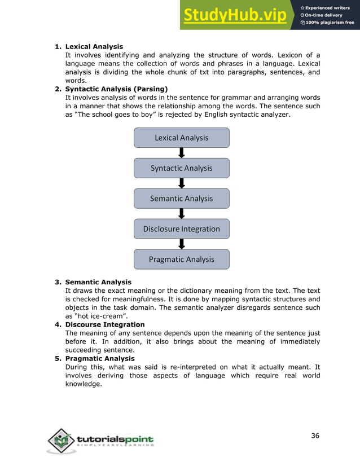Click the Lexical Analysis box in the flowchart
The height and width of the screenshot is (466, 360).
click(181, 138)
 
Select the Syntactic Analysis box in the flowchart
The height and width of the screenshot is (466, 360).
click(181, 168)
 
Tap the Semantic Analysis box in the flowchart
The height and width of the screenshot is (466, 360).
click(181, 199)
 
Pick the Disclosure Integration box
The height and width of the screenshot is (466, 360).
click(181, 229)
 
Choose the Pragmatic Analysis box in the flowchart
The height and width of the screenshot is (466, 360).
click(181, 260)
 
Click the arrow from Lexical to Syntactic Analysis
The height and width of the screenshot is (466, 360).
click(181, 153)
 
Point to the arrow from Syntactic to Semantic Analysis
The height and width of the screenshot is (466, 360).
click(181, 183)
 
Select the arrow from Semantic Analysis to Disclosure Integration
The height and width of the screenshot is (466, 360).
click(181, 214)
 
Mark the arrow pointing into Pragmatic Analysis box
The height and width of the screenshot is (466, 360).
click(181, 244)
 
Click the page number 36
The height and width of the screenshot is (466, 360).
click(315, 435)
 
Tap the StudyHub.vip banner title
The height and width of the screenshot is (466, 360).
click(234, 15)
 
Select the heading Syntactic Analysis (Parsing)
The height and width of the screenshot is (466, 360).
click(116, 89)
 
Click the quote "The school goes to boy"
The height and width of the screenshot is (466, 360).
click(120, 115)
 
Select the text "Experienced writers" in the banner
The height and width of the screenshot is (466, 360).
click(330, 7)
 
